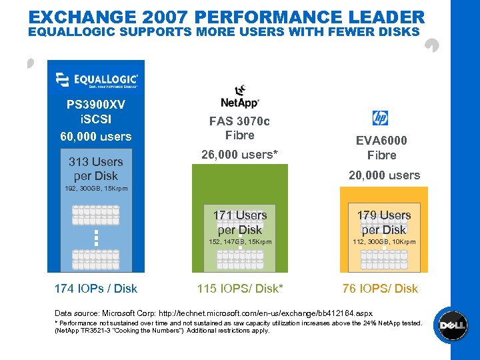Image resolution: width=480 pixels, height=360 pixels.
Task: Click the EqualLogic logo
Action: [x=96, y=80]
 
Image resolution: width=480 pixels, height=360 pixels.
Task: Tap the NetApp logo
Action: [x=239, y=97]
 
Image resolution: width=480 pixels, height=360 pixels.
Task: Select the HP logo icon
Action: [x=380, y=118]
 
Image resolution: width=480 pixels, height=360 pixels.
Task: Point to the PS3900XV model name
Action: [x=96, y=105]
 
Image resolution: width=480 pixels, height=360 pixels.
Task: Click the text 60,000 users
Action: [x=96, y=137]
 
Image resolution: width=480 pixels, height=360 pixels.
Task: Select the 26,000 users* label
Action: [x=239, y=155]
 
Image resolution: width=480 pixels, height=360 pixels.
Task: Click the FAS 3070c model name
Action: [x=239, y=121]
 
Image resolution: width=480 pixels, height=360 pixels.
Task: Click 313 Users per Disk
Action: [x=96, y=169]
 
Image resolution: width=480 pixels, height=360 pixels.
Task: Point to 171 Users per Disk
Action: [x=240, y=222]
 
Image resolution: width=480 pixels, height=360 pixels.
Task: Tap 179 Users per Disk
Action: [x=384, y=222]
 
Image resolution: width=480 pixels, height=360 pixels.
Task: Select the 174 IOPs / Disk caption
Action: [x=96, y=289]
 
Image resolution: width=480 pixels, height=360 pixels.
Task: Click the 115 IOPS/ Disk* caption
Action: [x=240, y=289]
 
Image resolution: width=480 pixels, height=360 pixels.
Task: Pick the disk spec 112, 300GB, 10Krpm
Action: [x=384, y=242]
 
